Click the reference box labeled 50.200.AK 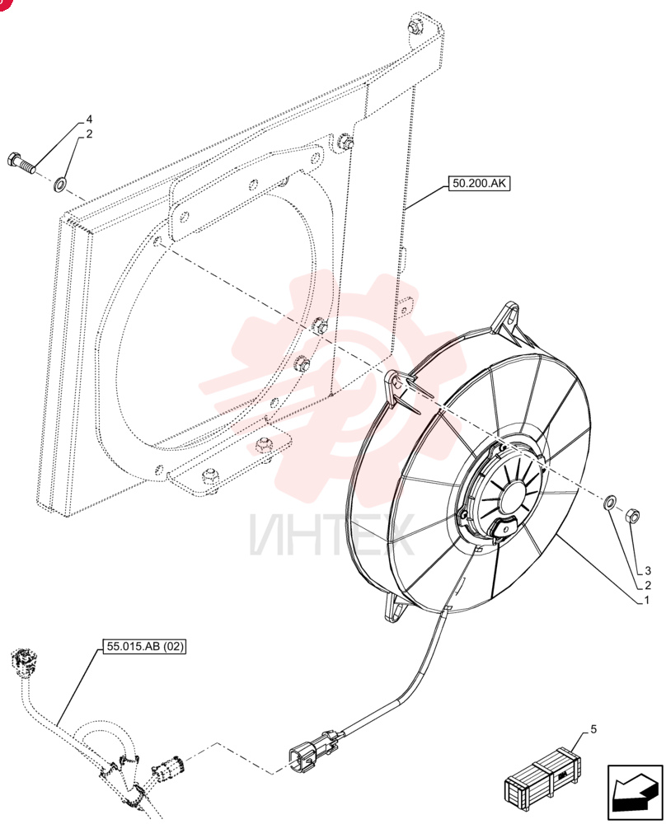479,183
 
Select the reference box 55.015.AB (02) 146,646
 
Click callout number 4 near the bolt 89,119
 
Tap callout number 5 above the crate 594,729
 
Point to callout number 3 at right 648,571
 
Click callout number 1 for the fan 647,600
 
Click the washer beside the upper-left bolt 59,184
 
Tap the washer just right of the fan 610,501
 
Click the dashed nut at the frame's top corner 415,25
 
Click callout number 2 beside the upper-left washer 89,134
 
